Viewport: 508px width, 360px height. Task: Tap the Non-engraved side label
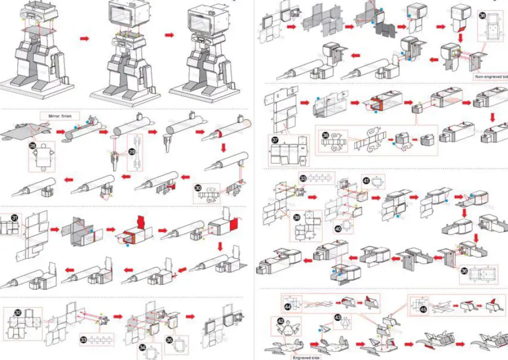coord(491,77)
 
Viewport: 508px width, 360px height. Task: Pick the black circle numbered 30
coord(198,188)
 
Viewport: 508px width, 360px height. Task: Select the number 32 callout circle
coord(17,313)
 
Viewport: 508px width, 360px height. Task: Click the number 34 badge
coord(143,347)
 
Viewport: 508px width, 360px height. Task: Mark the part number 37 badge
coord(274,140)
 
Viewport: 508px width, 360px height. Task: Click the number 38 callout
coord(326,135)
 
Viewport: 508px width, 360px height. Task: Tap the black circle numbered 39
coord(296,217)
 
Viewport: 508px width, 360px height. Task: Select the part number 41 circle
coord(366,180)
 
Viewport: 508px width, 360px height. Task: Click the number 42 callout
coord(281,321)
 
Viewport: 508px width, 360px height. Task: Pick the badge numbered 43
coord(338,318)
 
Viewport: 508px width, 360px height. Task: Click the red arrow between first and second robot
coord(83,39)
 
